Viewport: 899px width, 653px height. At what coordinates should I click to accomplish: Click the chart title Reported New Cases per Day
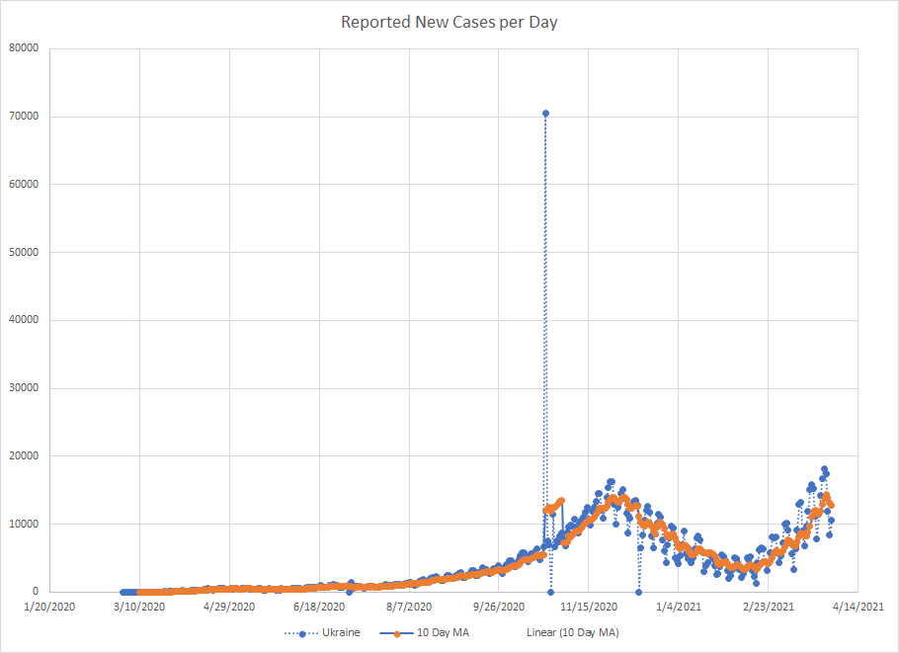[x=449, y=22]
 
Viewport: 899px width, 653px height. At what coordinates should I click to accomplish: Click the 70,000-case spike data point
[x=545, y=114]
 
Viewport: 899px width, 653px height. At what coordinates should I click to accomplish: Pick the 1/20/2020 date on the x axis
[x=49, y=606]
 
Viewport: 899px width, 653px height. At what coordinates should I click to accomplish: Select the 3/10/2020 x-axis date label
[x=139, y=606]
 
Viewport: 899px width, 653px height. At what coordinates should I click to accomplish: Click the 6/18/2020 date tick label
[x=319, y=606]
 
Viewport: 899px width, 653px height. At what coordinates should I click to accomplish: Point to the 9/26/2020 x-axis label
[x=499, y=606]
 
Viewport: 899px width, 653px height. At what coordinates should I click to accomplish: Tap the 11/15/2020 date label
[x=589, y=606]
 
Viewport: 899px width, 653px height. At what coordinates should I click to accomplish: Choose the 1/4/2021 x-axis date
[x=679, y=606]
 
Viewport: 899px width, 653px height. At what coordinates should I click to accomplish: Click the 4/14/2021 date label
[x=858, y=606]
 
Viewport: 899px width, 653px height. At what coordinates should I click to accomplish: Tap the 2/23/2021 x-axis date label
[x=769, y=606]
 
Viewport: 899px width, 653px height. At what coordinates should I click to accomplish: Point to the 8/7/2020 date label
[x=409, y=606]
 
